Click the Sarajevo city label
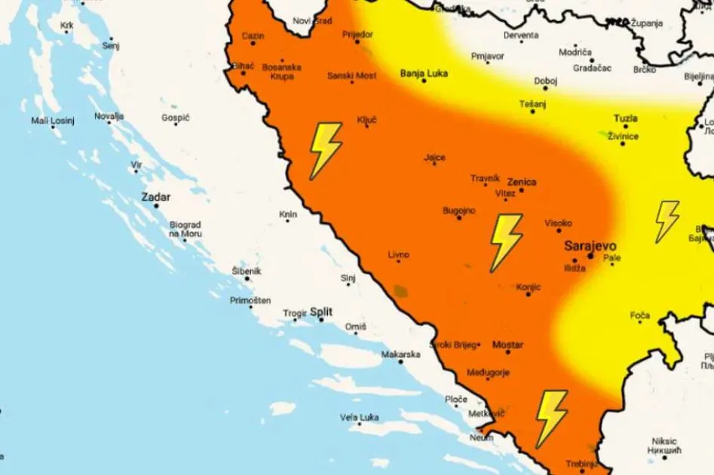tap(590, 246)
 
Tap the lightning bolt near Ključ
tap(325, 150)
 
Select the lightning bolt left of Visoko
tap(505, 242)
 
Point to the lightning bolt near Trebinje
tap(551, 418)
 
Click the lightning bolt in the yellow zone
tap(666, 221)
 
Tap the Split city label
tap(321, 311)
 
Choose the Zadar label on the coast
tap(156, 198)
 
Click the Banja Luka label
tap(424, 73)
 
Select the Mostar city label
tap(507, 345)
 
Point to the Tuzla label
tap(625, 118)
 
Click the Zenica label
tap(522, 182)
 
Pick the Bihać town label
tap(244, 66)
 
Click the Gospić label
tap(176, 118)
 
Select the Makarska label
tap(400, 354)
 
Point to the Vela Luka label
tap(359, 417)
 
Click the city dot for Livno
tap(399, 261)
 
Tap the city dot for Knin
tap(288, 221)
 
